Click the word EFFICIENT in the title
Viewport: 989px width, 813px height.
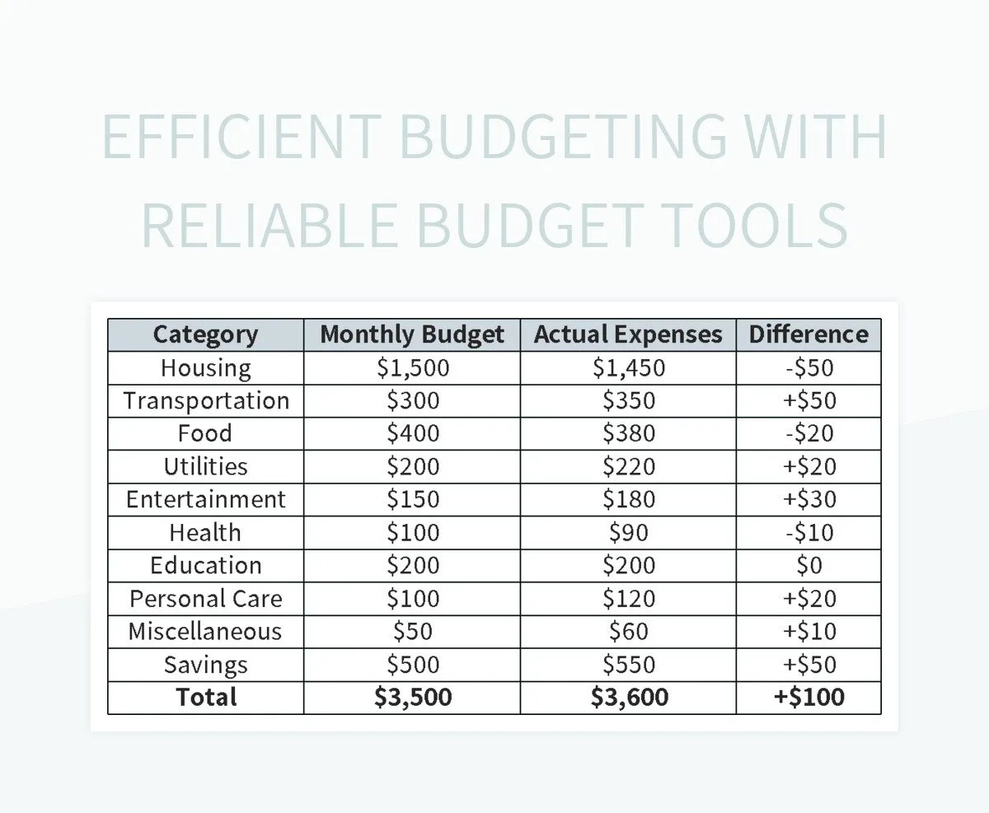[241, 137]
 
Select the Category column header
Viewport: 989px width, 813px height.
[205, 334]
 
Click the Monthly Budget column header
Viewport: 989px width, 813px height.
[412, 334]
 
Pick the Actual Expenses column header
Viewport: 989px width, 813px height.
[628, 334]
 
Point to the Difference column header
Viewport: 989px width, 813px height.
[809, 334]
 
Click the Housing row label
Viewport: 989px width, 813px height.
[205, 367]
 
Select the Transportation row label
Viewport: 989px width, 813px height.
[206, 400]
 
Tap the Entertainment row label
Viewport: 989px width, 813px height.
[206, 499]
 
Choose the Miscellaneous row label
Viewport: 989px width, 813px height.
[205, 631]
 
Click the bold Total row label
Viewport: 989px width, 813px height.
[206, 697]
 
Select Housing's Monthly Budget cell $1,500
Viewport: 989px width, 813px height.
[413, 367]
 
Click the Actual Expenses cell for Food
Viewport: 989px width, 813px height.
[628, 433]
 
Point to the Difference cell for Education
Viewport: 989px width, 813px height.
[809, 565]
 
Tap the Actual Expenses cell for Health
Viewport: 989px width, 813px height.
[628, 532]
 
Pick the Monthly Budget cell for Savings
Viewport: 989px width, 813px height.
[413, 664]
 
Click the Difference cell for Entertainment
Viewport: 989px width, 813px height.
[809, 499]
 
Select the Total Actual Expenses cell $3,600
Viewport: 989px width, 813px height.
[628, 697]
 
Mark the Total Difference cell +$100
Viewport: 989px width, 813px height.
[809, 697]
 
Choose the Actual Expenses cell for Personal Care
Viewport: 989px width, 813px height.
[628, 598]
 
